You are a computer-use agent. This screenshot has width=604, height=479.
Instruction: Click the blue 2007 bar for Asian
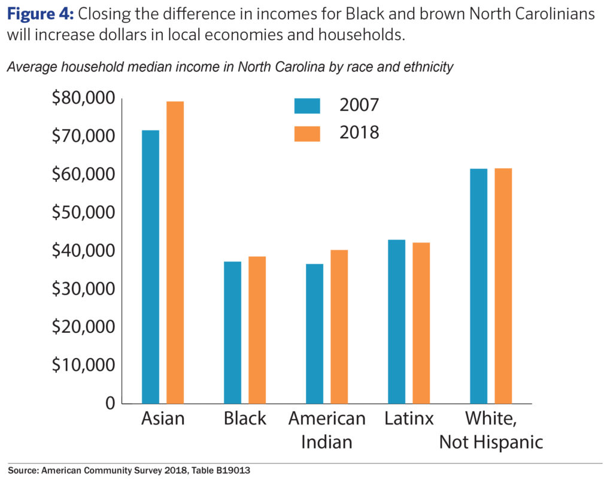point(150,266)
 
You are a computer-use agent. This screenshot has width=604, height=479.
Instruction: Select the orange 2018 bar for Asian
point(175,252)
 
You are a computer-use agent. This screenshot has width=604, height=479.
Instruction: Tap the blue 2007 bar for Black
point(232,332)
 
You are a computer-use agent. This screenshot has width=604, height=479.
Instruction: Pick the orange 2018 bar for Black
point(257,330)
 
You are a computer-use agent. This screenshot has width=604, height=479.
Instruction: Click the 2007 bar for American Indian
point(314,334)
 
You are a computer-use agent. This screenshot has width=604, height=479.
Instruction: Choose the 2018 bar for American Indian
point(339,326)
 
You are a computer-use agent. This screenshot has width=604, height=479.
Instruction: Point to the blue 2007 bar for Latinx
point(396,322)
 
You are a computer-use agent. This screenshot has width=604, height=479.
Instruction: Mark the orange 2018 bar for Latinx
point(421,323)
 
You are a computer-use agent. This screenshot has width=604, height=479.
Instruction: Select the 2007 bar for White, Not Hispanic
point(478,286)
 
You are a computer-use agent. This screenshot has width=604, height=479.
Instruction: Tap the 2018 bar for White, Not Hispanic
point(503,286)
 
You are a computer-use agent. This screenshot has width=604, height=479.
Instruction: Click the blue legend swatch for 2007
point(307,105)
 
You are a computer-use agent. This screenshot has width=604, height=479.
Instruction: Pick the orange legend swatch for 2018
point(307,133)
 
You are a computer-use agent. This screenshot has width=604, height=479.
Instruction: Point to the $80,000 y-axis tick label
point(83,98)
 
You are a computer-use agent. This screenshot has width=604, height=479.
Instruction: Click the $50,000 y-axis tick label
point(83,213)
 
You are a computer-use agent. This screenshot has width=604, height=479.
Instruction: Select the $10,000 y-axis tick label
point(83,365)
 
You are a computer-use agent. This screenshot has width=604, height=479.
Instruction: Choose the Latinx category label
point(409,419)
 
